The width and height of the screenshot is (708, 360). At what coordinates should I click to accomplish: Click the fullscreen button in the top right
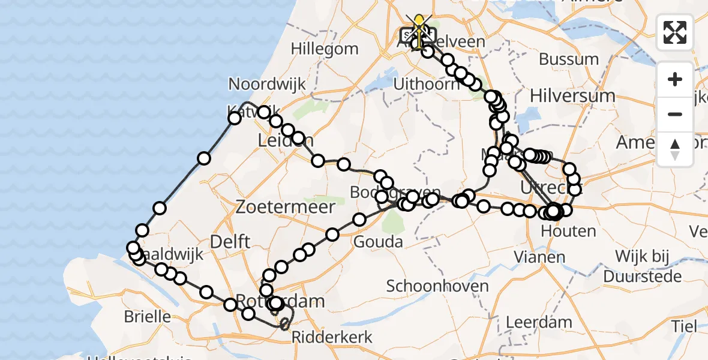(675, 32)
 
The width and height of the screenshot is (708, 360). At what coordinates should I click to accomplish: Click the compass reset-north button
(675, 149)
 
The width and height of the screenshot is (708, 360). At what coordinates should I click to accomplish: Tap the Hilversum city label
(572, 96)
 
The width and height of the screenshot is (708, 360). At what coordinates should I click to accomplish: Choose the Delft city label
(229, 242)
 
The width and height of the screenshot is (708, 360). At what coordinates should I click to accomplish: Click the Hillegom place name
(325, 49)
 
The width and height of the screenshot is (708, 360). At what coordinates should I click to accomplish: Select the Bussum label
(568, 59)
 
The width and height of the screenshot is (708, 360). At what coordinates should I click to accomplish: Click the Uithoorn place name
(426, 84)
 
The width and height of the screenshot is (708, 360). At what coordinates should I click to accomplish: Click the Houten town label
(559, 230)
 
